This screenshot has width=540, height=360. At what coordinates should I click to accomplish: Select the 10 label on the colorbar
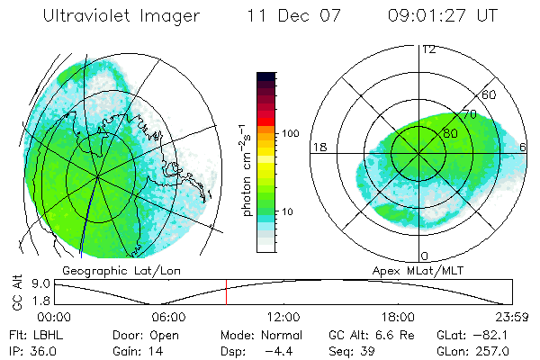pos(289,212)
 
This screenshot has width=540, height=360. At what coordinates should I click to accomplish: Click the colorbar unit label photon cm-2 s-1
pos(245,171)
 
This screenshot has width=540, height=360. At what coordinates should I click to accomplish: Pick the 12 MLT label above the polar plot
pos(428,49)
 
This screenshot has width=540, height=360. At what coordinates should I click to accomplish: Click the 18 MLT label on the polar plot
pos(319,147)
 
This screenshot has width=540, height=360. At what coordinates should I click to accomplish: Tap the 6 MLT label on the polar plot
pos(523,147)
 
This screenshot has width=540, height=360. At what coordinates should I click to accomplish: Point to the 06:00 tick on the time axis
pos(168,317)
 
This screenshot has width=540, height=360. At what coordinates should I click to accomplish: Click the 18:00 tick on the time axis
pos(398,317)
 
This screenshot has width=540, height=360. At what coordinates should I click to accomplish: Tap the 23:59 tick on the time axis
pos(510,317)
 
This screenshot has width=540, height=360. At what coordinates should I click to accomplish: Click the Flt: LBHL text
pos(27,333)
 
